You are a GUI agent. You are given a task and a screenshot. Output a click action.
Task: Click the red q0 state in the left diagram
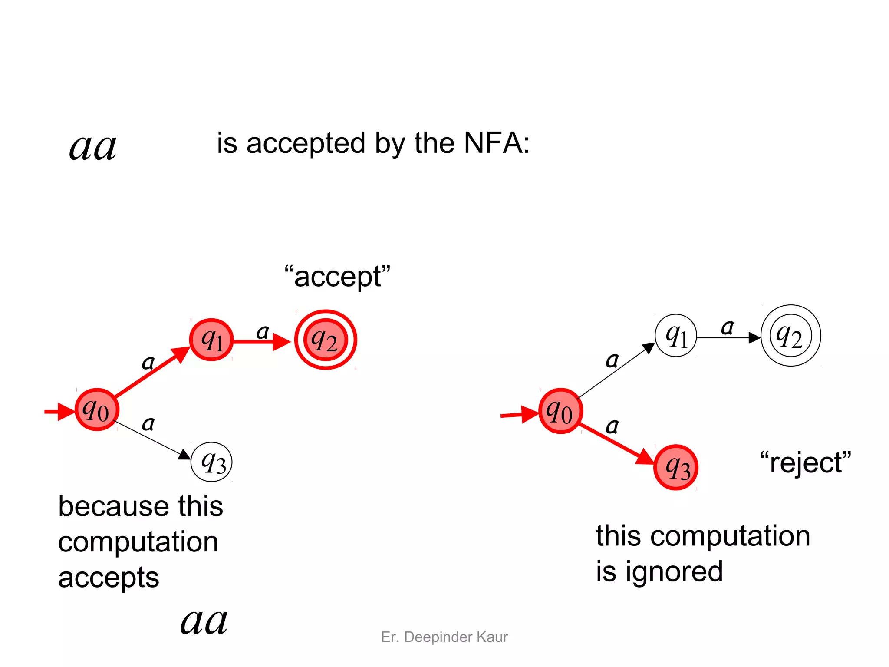(97, 409)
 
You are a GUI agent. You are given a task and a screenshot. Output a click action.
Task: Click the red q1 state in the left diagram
(211, 340)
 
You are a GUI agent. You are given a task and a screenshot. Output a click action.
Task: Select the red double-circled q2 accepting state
(326, 340)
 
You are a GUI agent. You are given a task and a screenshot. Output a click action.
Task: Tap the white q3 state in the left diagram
(211, 462)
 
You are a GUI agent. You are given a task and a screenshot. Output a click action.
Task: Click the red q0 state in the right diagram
(560, 411)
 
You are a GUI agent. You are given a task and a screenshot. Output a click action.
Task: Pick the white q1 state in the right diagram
(676, 336)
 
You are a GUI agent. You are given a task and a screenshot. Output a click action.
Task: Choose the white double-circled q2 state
(791, 336)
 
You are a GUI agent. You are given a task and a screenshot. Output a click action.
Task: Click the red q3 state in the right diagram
(675, 468)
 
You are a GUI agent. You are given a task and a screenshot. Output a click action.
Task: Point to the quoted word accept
(338, 277)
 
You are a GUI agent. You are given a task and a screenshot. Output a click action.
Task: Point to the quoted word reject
(806, 462)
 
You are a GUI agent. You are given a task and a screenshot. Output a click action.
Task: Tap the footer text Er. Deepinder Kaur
(444, 637)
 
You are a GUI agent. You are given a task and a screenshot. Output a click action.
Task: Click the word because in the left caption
(113, 506)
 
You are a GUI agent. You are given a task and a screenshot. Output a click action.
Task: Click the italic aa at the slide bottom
(204, 621)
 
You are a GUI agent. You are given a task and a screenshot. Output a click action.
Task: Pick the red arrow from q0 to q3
(617, 442)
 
